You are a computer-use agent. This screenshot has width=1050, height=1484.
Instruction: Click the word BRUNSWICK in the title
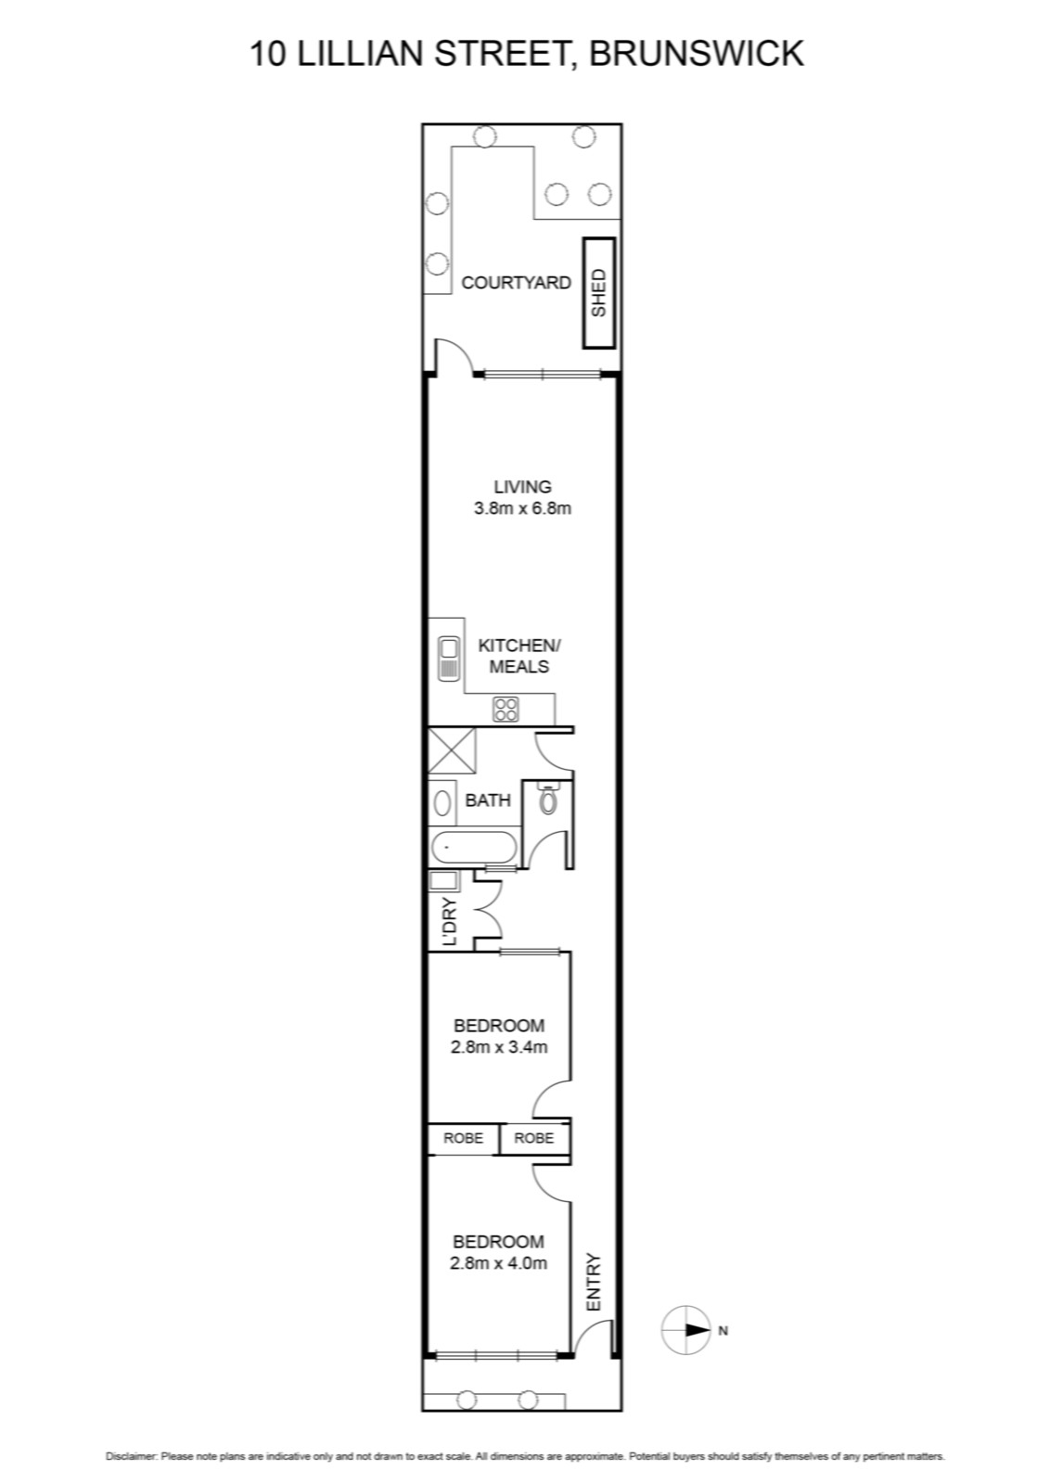pos(697,54)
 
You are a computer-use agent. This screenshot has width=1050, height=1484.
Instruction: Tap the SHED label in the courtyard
pos(599,292)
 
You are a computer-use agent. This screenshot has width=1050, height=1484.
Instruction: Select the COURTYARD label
pos(516,283)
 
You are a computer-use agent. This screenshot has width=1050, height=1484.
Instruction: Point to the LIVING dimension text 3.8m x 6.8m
pos(523,509)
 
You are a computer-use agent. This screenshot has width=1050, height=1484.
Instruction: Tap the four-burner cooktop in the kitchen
pos(506,710)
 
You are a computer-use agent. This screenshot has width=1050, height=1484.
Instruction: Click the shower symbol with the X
pos(452,750)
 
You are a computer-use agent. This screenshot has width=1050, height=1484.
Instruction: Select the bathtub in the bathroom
pos(473,848)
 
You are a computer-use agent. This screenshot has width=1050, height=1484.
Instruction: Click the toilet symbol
pos(548,799)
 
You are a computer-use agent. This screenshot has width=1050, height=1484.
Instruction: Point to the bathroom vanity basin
pos(442,803)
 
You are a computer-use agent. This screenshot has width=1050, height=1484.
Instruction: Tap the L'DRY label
pos(451,922)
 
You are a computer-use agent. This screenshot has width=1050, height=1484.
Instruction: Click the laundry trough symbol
pos(442,881)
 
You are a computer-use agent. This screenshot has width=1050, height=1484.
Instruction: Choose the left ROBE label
pos(463,1138)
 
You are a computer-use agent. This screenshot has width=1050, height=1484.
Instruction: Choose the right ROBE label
pos(534,1138)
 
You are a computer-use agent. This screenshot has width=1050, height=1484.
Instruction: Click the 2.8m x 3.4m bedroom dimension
pos(500,1047)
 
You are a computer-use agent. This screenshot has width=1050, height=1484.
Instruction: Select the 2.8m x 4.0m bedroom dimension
pos(499,1263)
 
